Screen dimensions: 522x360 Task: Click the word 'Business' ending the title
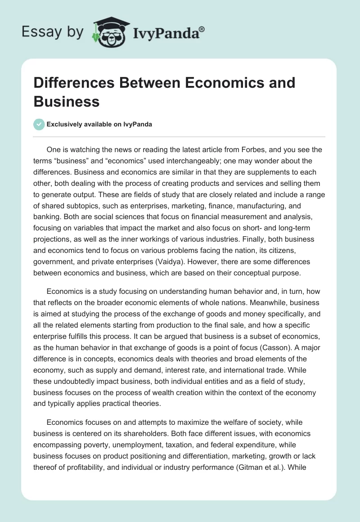click(67, 102)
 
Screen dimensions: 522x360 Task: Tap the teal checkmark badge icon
click(39, 124)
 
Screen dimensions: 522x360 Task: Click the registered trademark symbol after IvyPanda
click(202, 28)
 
